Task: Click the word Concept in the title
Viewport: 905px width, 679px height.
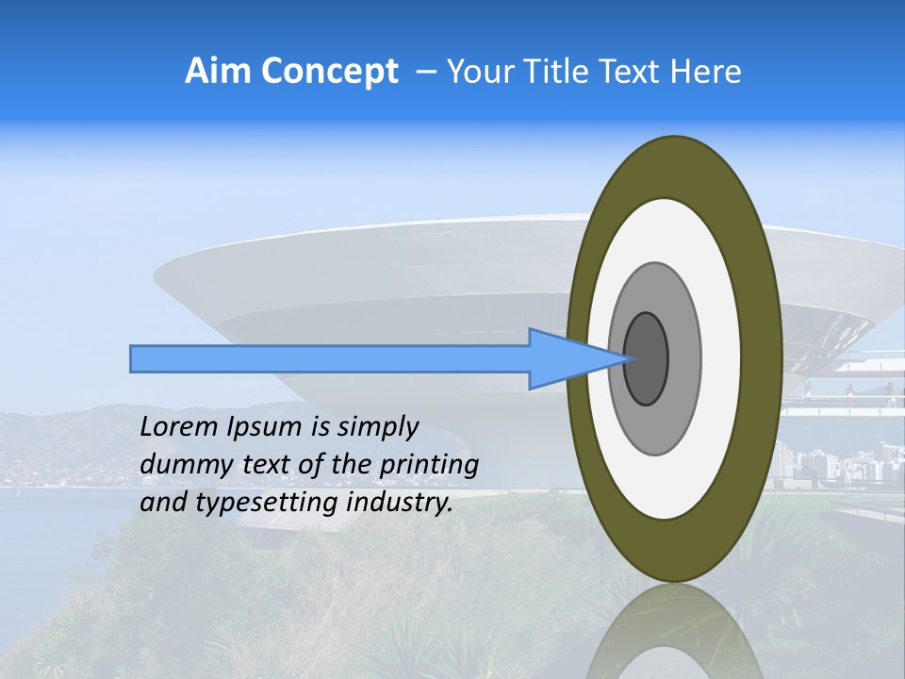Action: click(329, 72)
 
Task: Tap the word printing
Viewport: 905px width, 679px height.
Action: click(430, 465)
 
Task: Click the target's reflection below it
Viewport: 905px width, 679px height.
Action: click(673, 637)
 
